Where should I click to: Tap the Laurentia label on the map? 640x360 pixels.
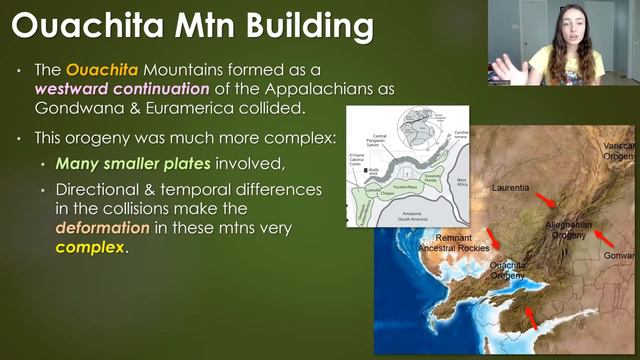click(513, 187)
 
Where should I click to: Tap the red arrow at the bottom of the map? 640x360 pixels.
click(530, 319)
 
